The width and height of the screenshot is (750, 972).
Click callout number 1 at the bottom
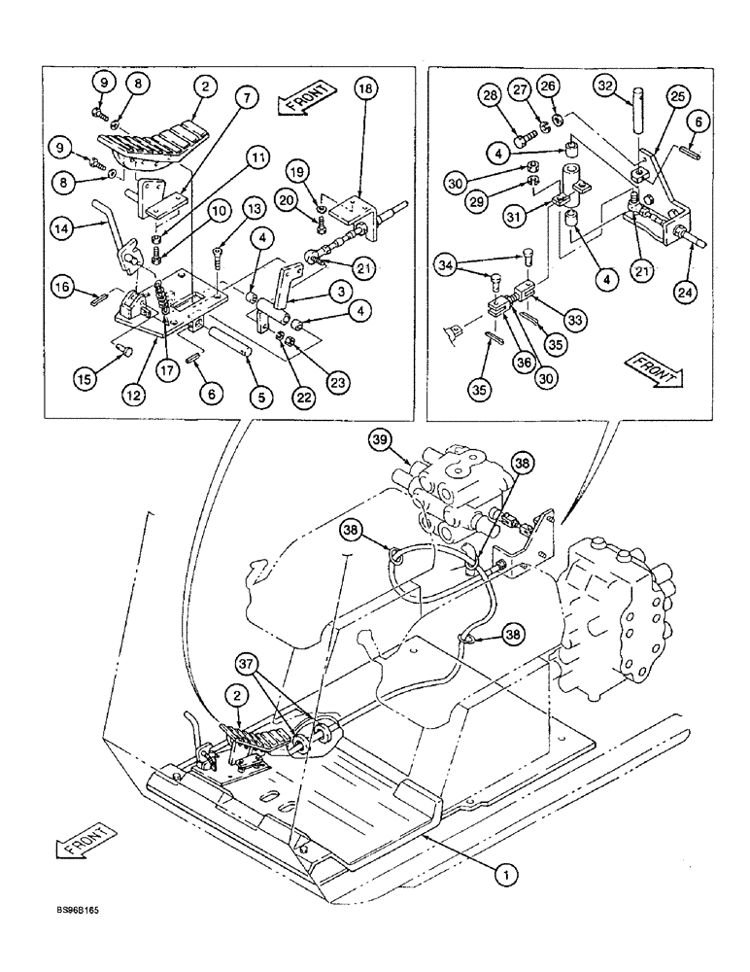pos(502,875)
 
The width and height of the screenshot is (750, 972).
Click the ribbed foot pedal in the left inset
pos(155,144)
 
